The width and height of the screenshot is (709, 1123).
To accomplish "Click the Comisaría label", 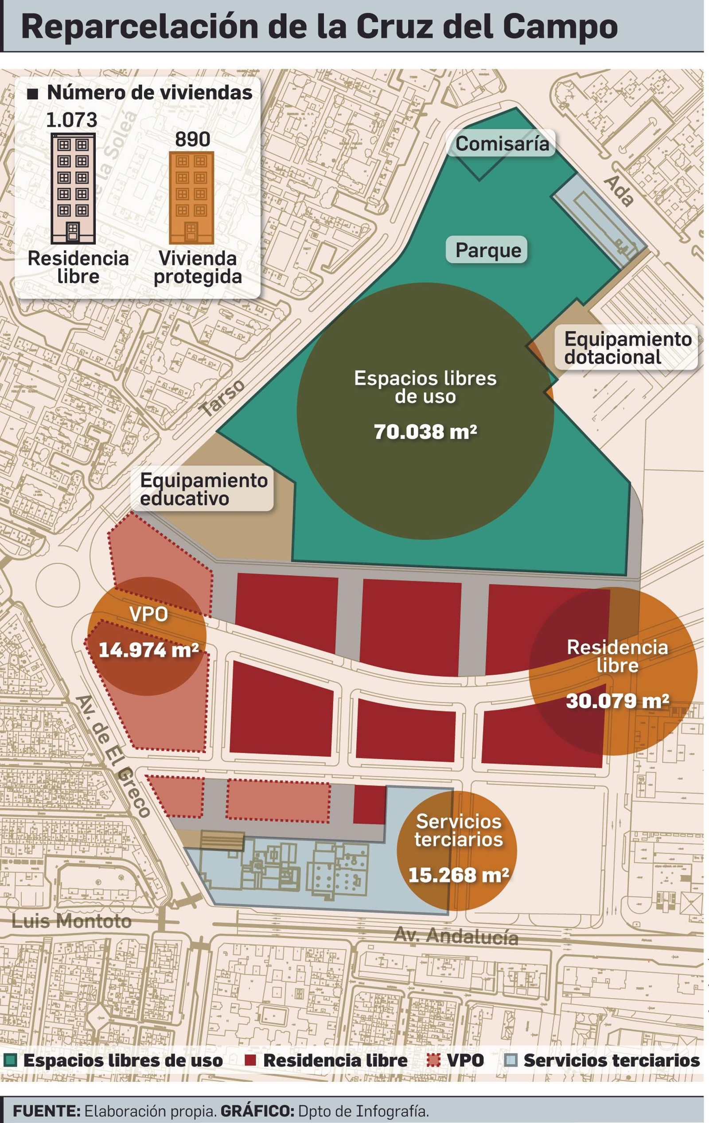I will (x=502, y=143).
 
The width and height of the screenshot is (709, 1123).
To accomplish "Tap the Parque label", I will (x=488, y=249).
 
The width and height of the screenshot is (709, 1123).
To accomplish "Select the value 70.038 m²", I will (x=425, y=431).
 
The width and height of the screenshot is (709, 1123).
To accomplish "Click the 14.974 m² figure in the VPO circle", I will (x=148, y=650).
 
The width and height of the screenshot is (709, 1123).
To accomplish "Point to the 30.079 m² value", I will (x=617, y=701).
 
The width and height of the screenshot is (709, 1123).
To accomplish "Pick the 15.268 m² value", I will (x=458, y=875).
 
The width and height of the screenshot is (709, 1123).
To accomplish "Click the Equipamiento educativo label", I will (x=203, y=489).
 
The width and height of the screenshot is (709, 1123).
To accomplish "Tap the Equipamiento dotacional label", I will (x=627, y=348).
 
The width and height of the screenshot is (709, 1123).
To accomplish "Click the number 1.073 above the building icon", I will (x=71, y=120).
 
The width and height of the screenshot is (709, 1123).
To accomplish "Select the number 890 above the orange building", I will (x=192, y=139).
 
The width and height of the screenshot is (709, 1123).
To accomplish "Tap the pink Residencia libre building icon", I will (x=73, y=188).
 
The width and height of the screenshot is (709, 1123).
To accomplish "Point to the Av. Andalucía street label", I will (x=456, y=936).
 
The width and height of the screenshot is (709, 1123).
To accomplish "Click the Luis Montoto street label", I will (x=71, y=921).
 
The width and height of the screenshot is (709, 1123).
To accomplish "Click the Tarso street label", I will (x=222, y=397).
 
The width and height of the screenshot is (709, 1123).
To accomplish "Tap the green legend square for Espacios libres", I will (x=9, y=1061).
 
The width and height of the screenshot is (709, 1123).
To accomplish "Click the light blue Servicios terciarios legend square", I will (x=511, y=1061).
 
